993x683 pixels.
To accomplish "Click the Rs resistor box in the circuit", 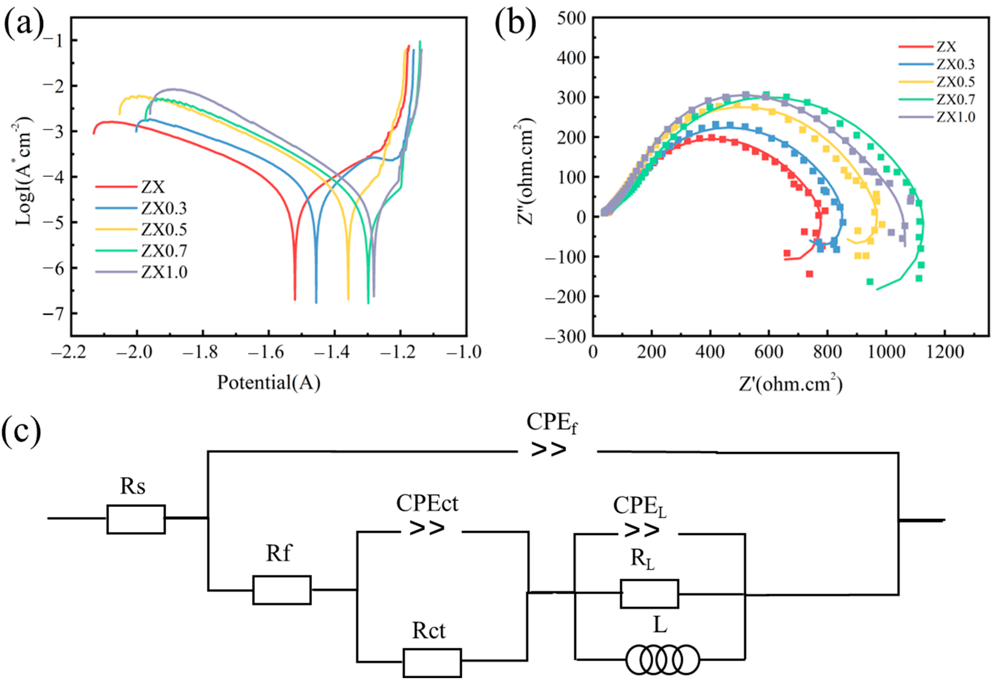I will (136, 519).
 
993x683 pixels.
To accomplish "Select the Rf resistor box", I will (282, 590).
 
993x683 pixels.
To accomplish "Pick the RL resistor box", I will (649, 594).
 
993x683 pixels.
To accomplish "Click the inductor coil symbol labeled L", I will (663, 659).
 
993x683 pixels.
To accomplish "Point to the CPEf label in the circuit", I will (552, 423).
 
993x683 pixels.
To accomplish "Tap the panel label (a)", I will (24, 24).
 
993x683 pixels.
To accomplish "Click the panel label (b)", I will (515, 24).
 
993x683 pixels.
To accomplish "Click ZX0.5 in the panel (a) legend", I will (164, 230).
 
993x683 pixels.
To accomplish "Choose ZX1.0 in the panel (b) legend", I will (955, 117).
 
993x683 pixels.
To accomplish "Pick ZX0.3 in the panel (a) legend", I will (164, 208).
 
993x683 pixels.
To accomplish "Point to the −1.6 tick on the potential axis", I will (268, 353).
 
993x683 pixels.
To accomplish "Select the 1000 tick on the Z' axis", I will (886, 353).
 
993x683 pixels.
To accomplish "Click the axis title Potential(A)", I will (268, 383).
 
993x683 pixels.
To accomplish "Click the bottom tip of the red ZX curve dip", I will (294, 299).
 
